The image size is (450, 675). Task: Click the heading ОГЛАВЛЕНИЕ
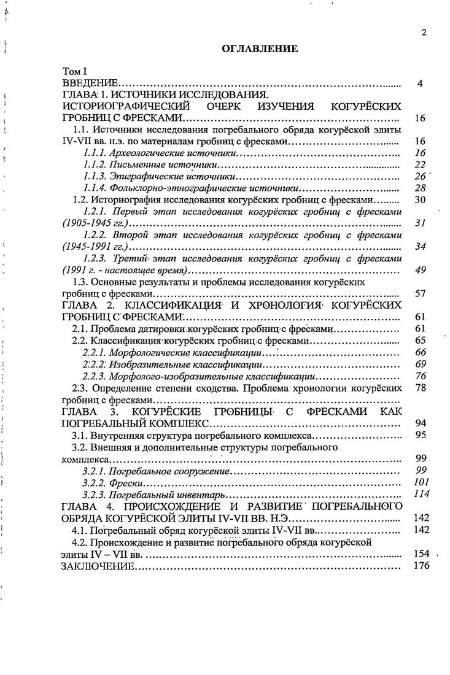252,47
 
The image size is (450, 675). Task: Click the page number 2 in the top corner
424,33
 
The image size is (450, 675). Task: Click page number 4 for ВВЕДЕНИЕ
420,83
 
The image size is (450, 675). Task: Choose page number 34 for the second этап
421,247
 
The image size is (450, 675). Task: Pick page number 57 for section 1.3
421,293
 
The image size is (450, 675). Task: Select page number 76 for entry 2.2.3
421,376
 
